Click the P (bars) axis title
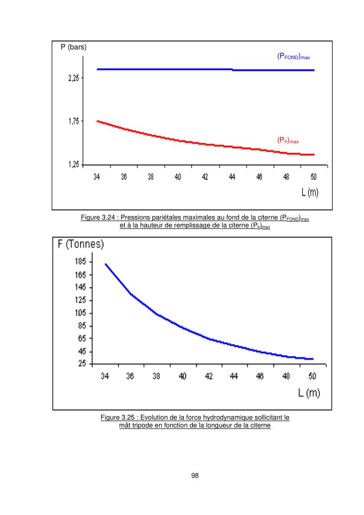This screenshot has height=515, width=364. click(x=73, y=47)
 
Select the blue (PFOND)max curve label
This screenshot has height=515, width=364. click(x=293, y=57)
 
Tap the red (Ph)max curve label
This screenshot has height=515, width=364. click(x=288, y=141)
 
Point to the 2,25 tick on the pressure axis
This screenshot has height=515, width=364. click(x=74, y=78)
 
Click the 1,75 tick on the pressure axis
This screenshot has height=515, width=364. click(x=74, y=121)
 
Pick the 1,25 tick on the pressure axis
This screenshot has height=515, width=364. click(x=74, y=165)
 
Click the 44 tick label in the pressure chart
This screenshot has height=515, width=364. click(x=232, y=177)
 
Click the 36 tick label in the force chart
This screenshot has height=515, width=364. click(x=130, y=376)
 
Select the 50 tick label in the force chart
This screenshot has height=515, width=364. click(x=312, y=376)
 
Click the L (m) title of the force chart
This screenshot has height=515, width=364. click(x=309, y=393)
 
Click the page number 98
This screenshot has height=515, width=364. click(x=195, y=475)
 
